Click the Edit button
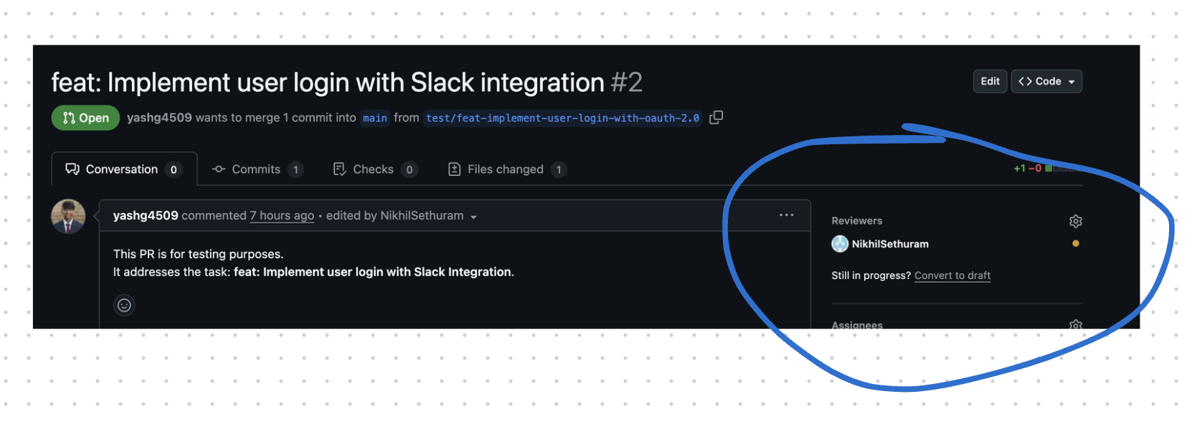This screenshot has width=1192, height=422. tap(990, 81)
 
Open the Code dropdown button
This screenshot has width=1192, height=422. tap(1046, 81)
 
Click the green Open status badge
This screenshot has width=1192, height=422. tap(86, 118)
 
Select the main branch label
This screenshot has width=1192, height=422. tap(374, 118)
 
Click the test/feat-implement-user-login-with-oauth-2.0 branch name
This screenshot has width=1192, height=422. tap(562, 118)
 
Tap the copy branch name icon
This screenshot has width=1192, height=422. tap(716, 118)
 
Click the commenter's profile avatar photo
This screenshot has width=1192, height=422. tap(68, 217)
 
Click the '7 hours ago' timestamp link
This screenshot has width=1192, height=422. tap(282, 216)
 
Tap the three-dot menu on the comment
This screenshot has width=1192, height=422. tap(786, 215)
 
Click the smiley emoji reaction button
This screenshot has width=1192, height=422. tap(124, 306)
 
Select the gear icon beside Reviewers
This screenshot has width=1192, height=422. tap(1075, 221)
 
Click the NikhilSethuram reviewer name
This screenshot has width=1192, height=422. tap(890, 244)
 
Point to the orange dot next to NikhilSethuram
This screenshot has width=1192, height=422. tap(1075, 244)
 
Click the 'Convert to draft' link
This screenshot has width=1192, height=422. tap(952, 276)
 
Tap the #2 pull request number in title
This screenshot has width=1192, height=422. tap(626, 83)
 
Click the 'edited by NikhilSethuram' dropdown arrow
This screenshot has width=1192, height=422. tap(473, 217)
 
